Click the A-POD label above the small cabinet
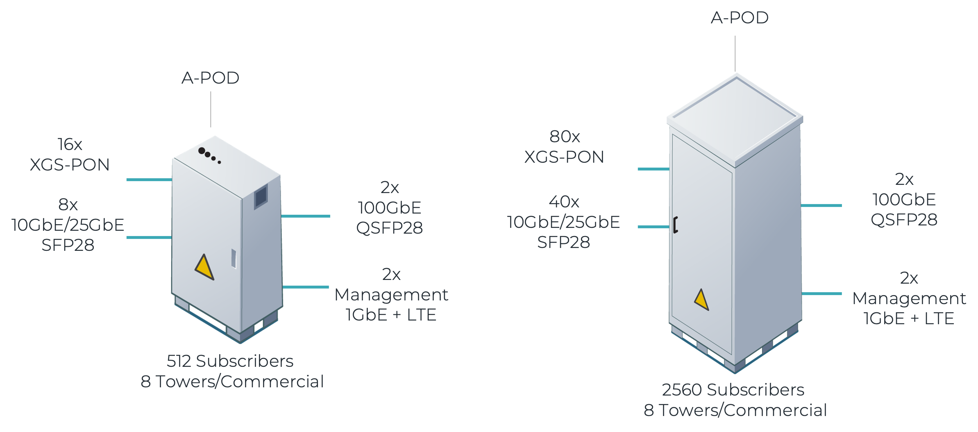(211, 78)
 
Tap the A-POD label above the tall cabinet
(740, 18)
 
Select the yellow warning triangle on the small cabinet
(204, 267)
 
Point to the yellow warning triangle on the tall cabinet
(701, 300)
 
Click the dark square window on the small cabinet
(261, 197)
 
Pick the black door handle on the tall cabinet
(675, 225)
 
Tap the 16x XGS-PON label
(70, 155)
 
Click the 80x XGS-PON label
(564, 147)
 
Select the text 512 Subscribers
(230, 361)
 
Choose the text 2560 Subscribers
(733, 390)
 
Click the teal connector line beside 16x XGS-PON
(149, 180)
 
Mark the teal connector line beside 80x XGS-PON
(653, 169)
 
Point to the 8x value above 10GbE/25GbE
(68, 204)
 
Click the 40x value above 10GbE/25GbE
(564, 202)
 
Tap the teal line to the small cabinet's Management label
(306, 287)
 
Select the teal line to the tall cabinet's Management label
(821, 293)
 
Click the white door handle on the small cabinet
(234, 258)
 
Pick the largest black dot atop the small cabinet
(202, 151)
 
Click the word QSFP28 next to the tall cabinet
(904, 220)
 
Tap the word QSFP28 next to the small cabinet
(389, 228)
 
